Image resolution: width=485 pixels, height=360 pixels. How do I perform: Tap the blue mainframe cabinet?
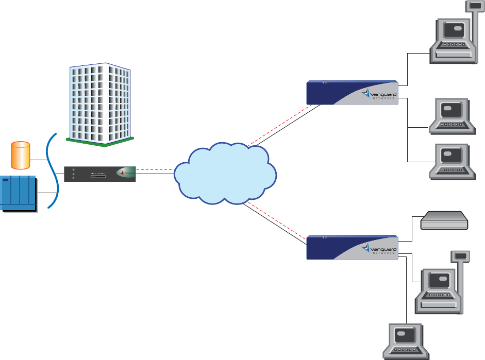(19, 194)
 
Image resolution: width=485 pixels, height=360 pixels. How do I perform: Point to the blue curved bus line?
(52, 170)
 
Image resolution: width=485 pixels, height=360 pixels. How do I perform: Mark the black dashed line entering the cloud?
(155, 169)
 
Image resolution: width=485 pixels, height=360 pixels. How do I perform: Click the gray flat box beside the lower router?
(444, 221)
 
